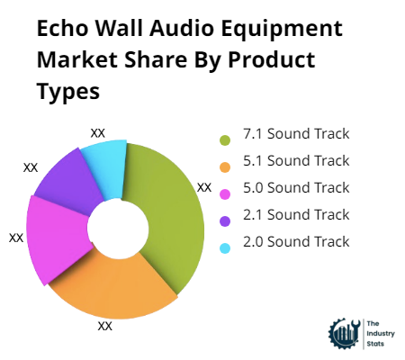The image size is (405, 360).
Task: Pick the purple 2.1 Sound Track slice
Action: (x=67, y=180)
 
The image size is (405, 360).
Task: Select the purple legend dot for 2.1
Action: (x=225, y=219)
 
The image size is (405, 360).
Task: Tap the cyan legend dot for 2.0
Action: (x=225, y=246)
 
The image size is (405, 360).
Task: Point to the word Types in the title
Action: (x=67, y=92)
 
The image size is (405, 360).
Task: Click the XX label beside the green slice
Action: (x=204, y=187)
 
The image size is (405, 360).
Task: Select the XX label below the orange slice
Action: (x=105, y=326)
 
